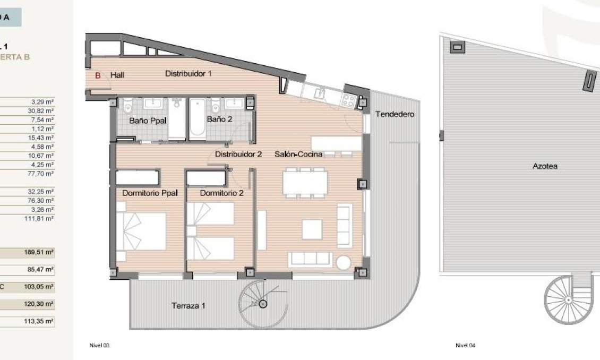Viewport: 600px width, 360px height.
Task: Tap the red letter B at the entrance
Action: click(98, 75)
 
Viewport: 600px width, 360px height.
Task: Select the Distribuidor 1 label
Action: click(188, 74)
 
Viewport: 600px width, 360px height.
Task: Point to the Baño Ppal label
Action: click(148, 121)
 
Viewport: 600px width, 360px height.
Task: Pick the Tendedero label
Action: click(394, 114)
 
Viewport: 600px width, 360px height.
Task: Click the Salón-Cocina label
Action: click(298, 155)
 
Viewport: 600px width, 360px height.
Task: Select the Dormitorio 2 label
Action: click(221, 193)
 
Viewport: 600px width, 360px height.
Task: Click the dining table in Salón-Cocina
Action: click(305, 182)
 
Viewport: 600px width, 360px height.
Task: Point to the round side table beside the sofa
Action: click(344, 262)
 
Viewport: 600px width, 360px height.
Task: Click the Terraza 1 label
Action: click(188, 305)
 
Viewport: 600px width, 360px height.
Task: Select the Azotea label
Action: click(545, 166)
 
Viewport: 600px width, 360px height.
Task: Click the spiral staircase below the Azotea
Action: click(568, 300)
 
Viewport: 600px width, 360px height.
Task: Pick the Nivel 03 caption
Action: click(99, 346)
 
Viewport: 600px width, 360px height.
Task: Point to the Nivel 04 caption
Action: click(465, 346)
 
